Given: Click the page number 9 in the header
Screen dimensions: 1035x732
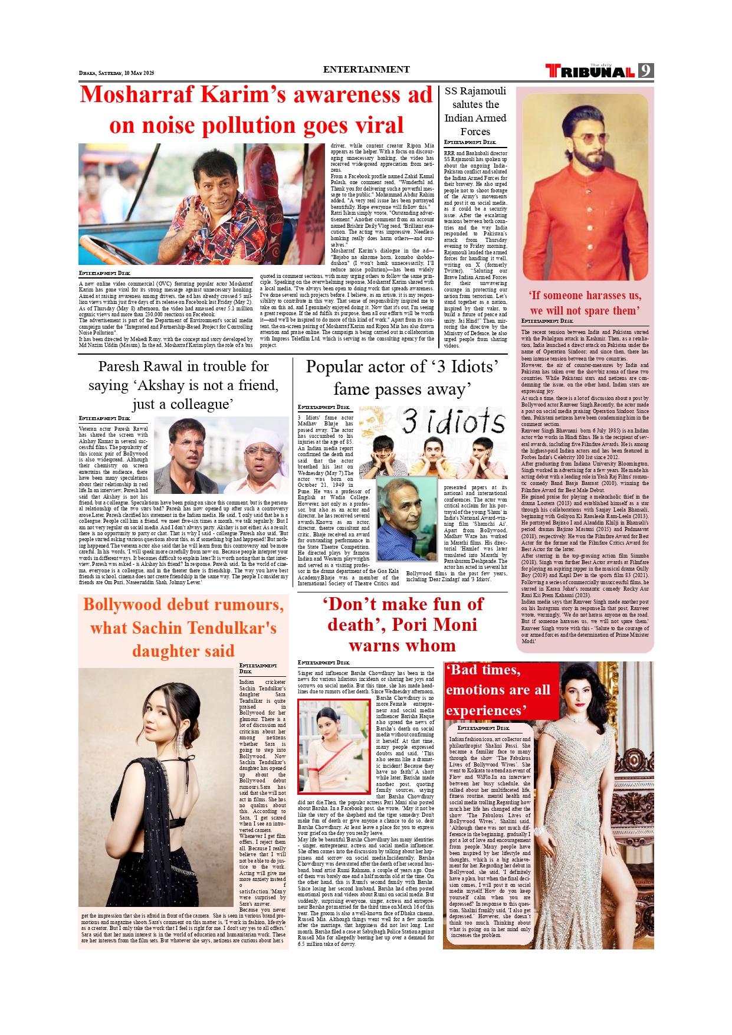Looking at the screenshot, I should (x=646, y=71).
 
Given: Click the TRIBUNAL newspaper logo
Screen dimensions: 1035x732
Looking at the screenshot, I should (x=590, y=71).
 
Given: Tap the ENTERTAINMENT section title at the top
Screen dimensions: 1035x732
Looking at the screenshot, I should (x=366, y=70).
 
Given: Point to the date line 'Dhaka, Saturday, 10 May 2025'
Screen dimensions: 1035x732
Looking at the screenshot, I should (x=116, y=73).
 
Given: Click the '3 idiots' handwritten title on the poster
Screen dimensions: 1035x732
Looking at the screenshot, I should (x=454, y=422).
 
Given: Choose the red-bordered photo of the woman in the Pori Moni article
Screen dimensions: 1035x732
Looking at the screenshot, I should (x=334, y=746).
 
